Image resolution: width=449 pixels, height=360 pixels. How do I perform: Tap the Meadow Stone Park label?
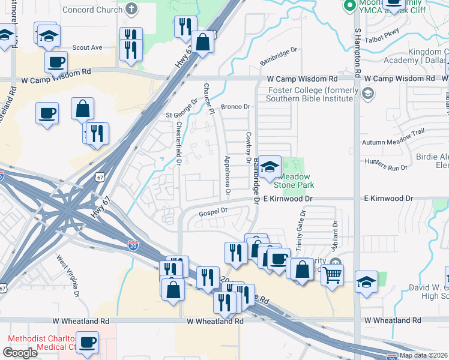pyautogui.click(x=296, y=181)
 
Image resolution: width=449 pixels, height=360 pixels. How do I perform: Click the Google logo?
pyautogui.click(x=20, y=353)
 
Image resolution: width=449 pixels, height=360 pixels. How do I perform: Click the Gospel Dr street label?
pyautogui.click(x=214, y=211)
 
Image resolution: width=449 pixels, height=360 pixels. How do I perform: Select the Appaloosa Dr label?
pyautogui.click(x=227, y=175)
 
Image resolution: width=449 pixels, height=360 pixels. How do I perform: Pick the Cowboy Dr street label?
pyautogui.click(x=247, y=147)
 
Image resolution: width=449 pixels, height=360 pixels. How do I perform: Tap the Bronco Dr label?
pyautogui.click(x=235, y=107)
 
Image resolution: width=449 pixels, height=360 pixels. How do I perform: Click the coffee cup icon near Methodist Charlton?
pyautogui.click(x=88, y=342)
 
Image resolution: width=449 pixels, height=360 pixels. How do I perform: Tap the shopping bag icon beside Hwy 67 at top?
pyautogui.click(x=203, y=42)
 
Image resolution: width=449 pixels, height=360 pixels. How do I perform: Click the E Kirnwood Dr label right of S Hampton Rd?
pyautogui.click(x=388, y=198)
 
